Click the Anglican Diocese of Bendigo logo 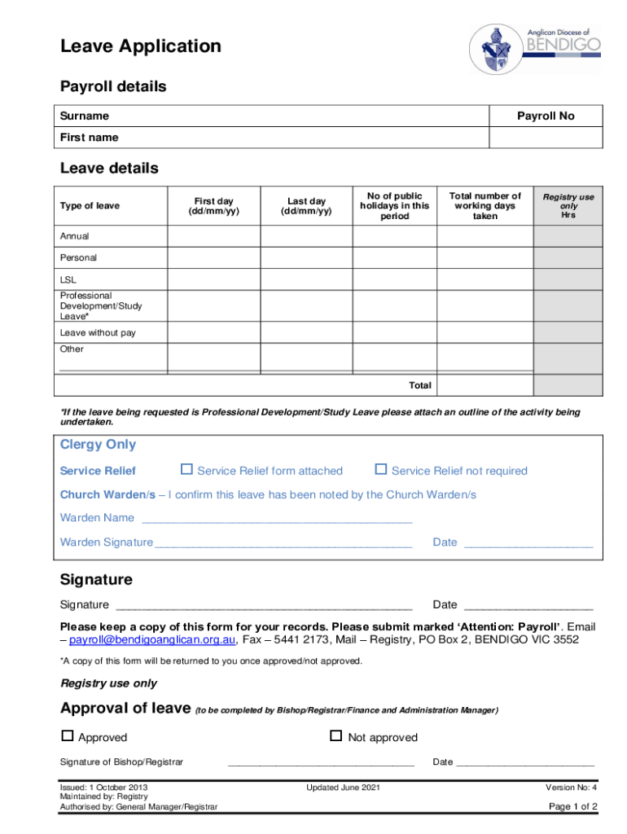[x=535, y=48]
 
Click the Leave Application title [x=140, y=46]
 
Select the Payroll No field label [x=546, y=116]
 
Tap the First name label [x=89, y=138]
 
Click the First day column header [x=213, y=206]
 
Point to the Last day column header [x=306, y=206]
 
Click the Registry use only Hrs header [x=568, y=206]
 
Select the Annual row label [x=75, y=236]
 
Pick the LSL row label [x=69, y=279]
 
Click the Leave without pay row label [x=98, y=333]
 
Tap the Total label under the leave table [x=420, y=385]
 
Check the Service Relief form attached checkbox [x=186, y=469]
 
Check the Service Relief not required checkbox [x=380, y=469]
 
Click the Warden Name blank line [x=277, y=519]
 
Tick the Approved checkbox [x=68, y=736]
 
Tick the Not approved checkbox [x=335, y=736]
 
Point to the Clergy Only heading [x=98, y=445]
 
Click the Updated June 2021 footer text [x=343, y=788]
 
